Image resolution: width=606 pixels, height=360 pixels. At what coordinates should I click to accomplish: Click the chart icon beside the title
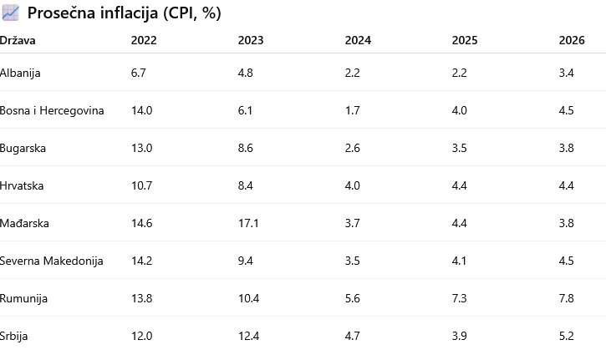point(10,13)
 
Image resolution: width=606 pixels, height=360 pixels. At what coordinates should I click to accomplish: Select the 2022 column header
point(144,40)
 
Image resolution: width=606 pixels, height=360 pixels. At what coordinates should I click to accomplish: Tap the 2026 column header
point(572,40)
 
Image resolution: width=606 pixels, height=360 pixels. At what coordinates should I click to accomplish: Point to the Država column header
point(18,40)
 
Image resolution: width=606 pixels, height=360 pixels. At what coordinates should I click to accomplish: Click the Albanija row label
point(20,73)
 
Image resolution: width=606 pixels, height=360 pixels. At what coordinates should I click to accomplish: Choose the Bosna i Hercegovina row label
point(52,111)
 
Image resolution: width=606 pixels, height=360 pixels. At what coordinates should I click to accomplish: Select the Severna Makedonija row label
point(51,261)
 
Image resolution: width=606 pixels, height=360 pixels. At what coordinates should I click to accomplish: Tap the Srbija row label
point(14,337)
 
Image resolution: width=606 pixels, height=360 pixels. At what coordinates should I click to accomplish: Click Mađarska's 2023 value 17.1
point(248,223)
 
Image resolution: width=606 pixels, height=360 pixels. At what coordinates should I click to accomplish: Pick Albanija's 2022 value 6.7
point(139,73)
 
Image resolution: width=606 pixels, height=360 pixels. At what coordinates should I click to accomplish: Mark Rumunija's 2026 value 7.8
point(566,298)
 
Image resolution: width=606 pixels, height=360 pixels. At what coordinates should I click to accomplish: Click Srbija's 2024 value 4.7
point(352,336)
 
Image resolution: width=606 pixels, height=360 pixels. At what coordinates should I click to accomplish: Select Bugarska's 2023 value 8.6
point(246,149)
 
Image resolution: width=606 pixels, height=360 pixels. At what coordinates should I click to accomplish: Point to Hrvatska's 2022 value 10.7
point(141,185)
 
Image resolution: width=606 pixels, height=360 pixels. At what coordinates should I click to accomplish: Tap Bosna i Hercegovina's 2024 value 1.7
point(352,111)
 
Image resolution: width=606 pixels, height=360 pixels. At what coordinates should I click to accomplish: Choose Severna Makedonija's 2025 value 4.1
point(459,261)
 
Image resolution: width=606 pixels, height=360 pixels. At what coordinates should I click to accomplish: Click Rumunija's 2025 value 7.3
point(459,298)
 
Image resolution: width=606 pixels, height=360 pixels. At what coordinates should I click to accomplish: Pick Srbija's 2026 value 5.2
point(566,336)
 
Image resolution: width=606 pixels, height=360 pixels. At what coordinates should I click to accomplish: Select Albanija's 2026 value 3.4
point(566,73)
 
